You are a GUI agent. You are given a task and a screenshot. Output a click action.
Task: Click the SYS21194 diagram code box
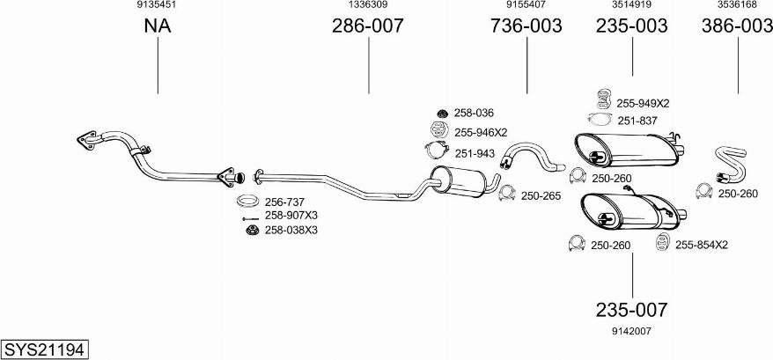45,349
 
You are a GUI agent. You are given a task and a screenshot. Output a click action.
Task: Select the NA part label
158,26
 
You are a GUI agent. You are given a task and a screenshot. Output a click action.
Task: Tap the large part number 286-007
367,26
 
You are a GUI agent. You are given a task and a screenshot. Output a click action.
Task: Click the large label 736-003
526,26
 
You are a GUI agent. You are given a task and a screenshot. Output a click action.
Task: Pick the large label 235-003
632,26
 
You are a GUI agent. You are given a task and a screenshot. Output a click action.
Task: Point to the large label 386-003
737,26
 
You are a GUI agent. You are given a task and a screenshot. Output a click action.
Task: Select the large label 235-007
632,310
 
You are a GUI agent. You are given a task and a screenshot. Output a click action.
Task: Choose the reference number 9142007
631,331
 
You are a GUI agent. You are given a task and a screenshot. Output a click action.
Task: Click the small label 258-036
475,113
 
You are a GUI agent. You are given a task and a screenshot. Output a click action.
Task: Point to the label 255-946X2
481,133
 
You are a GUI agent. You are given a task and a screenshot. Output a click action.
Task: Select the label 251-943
475,153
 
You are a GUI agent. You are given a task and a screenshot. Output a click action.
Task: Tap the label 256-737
285,202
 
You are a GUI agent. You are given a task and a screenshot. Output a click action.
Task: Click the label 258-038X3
291,230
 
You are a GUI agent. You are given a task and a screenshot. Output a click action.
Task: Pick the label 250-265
541,195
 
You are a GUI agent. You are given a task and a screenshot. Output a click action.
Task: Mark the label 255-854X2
701,245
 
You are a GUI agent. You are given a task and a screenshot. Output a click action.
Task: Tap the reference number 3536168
737,4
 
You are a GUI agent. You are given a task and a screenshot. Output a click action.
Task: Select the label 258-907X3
291,216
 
